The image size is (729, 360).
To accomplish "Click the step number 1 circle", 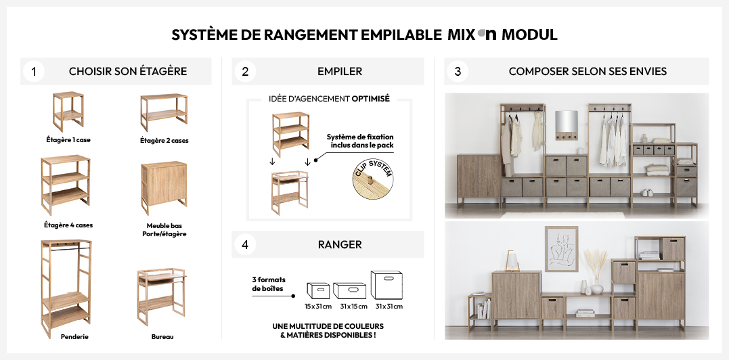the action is [x=33, y=72].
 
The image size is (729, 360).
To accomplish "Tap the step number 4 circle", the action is [x=245, y=245].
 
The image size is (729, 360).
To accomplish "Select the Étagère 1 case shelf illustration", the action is [x=68, y=112].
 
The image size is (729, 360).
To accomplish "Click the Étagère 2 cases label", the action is [x=164, y=140].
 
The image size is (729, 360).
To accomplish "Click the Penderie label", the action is [x=74, y=337].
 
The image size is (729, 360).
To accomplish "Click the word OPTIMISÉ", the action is [x=370, y=99].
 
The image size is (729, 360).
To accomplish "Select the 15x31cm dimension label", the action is [x=318, y=307].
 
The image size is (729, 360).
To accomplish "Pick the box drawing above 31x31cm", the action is [x=386, y=285].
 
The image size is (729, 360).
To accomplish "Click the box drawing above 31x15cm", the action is [x=350, y=291].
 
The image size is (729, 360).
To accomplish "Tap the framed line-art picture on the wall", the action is [x=561, y=249].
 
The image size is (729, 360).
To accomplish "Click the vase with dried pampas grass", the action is [x=596, y=272].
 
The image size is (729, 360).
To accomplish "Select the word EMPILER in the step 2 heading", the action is [x=340, y=72].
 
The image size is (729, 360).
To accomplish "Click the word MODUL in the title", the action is [x=529, y=35].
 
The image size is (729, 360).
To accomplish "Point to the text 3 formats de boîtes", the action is [x=269, y=284].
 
